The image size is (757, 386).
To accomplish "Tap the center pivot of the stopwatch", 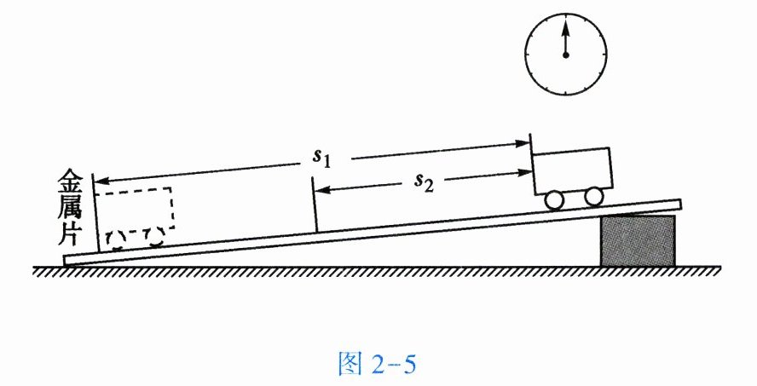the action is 564,54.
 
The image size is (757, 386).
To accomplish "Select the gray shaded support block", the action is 639,240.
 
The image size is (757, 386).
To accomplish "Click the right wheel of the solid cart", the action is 594,196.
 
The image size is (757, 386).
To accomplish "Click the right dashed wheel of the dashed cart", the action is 153,234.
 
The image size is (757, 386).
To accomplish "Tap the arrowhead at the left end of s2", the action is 321,191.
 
